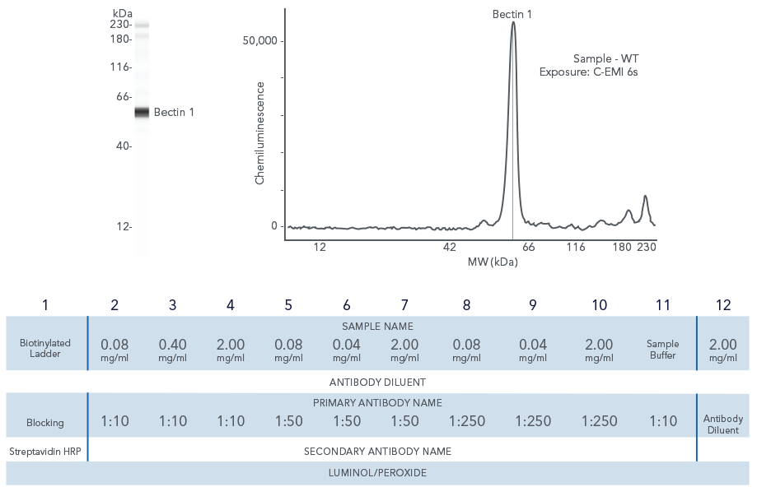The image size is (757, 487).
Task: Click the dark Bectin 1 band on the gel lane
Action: pyautogui.click(x=142, y=113)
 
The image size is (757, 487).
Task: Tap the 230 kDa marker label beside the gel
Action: pyautogui.click(x=120, y=25)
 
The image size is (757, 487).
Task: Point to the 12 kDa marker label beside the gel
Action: pyautogui.click(x=121, y=226)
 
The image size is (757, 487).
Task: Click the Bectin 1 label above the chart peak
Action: pyautogui.click(x=512, y=14)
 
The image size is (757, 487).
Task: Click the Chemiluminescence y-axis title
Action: pyautogui.click(x=259, y=132)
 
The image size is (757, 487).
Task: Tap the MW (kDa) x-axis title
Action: pyautogui.click(x=493, y=262)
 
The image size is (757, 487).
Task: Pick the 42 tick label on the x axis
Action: pyautogui.click(x=449, y=247)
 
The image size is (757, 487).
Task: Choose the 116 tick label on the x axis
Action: pyautogui.click(x=576, y=247)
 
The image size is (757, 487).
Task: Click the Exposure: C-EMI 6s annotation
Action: pyautogui.click(x=589, y=72)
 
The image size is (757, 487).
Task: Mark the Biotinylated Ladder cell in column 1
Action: pyautogui.click(x=45, y=348)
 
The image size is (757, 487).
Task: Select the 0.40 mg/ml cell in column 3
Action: pyautogui.click(x=173, y=349)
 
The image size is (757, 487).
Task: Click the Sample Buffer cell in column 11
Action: pyautogui.click(x=663, y=349)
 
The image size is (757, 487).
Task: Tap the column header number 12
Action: pyautogui.click(x=723, y=305)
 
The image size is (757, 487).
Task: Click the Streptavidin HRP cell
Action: pyautogui.click(x=45, y=451)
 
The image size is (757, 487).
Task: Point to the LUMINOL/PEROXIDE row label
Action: pyautogui.click(x=378, y=472)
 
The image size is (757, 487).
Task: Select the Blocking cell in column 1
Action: pyautogui.click(x=45, y=423)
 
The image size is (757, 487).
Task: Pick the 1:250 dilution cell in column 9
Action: pyautogui.click(x=533, y=421)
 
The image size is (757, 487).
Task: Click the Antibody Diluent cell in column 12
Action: pyautogui.click(x=723, y=424)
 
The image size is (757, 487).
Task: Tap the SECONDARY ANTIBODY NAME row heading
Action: pyautogui.click(x=378, y=451)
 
